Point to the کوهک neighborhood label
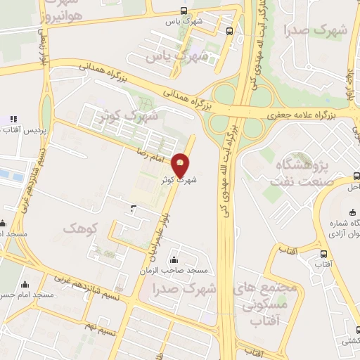coord(78,229)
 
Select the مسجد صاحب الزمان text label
coord(181,271)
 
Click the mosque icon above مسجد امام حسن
coord(25,285)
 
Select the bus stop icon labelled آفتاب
coord(323,255)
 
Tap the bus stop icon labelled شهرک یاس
coord(184,11)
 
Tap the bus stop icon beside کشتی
coord(345,329)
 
